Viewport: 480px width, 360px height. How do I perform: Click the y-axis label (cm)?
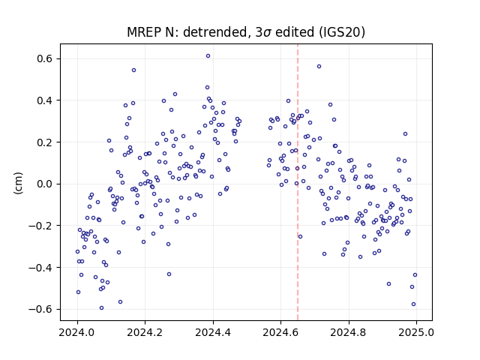[18, 183]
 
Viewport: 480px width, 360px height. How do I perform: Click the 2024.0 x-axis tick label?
[78, 332]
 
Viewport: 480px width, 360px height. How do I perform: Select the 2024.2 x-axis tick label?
[145, 332]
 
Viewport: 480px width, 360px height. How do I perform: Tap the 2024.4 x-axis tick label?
[213, 332]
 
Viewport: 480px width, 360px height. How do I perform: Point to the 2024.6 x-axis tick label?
[280, 332]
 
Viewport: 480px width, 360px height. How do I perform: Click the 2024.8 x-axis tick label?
[348, 332]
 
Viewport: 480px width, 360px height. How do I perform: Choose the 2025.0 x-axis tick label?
[416, 332]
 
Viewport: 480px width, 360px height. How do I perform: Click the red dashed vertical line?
[298, 182]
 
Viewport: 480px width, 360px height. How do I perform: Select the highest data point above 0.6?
[208, 56]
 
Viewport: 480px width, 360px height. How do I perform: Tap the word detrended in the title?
[215, 32]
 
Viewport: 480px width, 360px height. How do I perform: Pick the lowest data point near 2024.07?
[102, 308]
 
